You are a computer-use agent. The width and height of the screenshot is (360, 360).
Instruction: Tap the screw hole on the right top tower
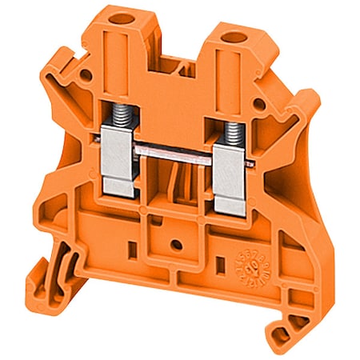click(237, 36)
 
